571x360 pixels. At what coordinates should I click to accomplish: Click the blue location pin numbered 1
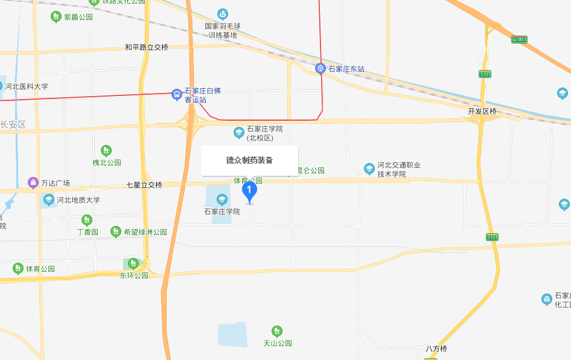point(249,191)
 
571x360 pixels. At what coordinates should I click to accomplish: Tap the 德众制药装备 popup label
point(249,161)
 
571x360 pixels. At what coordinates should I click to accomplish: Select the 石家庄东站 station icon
point(321,69)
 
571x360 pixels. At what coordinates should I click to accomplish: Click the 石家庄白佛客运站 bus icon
point(177,94)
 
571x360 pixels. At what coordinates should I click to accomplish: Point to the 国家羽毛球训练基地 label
point(223,30)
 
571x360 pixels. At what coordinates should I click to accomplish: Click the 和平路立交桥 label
point(147,47)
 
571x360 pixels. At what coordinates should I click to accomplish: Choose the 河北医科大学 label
point(27,86)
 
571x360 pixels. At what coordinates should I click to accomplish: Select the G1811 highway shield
point(520,40)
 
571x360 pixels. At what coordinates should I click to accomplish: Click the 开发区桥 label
point(482,112)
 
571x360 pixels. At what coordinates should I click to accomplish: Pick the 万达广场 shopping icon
point(33,182)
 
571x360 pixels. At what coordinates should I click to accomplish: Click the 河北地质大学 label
point(78,200)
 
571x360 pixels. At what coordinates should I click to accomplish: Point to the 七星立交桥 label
point(144,185)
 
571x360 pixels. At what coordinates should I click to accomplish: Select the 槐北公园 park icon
point(106,150)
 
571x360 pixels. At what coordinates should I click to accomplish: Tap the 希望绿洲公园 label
point(145,232)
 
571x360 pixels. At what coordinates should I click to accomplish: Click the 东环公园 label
point(133,275)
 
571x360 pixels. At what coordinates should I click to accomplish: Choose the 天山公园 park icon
point(277,331)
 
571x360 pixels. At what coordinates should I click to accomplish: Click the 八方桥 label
point(436,349)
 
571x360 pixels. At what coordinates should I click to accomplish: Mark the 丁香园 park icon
point(87,220)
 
